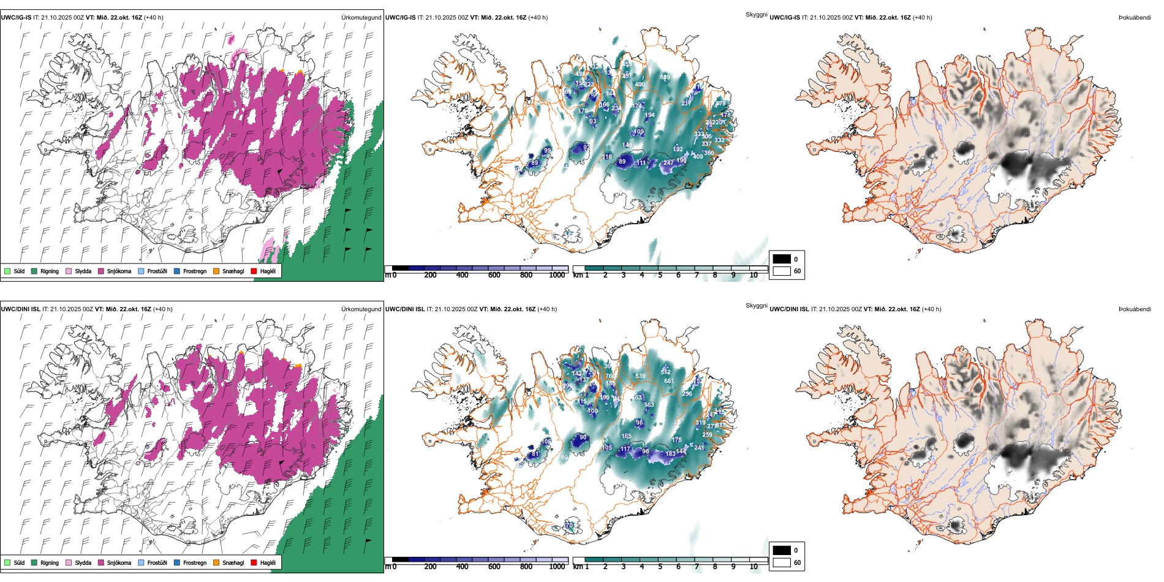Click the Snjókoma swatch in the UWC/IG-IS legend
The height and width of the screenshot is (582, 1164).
[x=100, y=271]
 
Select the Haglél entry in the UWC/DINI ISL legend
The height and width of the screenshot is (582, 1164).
[x=254, y=562]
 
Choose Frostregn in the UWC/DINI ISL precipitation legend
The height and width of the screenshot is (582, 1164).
[x=177, y=562]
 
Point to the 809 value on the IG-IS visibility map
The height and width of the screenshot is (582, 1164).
[x=665, y=77]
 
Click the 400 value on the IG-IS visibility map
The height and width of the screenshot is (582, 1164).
[x=640, y=85]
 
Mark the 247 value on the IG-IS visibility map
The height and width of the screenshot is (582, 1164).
[x=668, y=163]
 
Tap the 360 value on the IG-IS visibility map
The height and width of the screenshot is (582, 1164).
[x=709, y=153]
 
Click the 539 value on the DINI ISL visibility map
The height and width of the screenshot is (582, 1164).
[x=640, y=376]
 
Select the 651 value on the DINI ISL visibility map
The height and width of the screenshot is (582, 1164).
[x=669, y=381]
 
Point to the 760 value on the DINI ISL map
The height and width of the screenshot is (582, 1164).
[x=610, y=376]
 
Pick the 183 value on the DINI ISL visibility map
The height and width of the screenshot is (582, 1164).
[x=671, y=454]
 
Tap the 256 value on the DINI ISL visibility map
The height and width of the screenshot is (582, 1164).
[x=687, y=394]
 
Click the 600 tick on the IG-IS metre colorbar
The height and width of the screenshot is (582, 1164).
[x=494, y=276]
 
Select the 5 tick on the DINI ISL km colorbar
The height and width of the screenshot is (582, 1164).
[x=660, y=567]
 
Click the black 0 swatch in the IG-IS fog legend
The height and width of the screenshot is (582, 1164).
[x=782, y=259]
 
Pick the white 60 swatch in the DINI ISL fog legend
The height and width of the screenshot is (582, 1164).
[x=782, y=562]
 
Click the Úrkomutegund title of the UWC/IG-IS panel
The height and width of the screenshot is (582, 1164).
[x=361, y=18]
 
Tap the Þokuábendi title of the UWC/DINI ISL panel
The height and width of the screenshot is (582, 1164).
[x=1135, y=309]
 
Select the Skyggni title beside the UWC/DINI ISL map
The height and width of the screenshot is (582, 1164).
[x=756, y=306]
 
